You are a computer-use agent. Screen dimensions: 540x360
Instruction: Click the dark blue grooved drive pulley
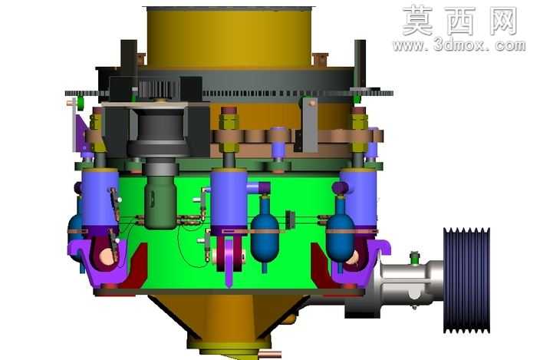466,280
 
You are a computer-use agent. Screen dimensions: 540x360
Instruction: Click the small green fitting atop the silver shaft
415,259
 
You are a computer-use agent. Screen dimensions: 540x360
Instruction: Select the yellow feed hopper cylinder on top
229,37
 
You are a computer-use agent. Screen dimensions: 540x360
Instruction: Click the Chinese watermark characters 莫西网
460,21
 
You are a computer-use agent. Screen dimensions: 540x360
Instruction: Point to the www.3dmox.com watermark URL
459,45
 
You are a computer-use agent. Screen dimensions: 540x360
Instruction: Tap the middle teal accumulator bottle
265,234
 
